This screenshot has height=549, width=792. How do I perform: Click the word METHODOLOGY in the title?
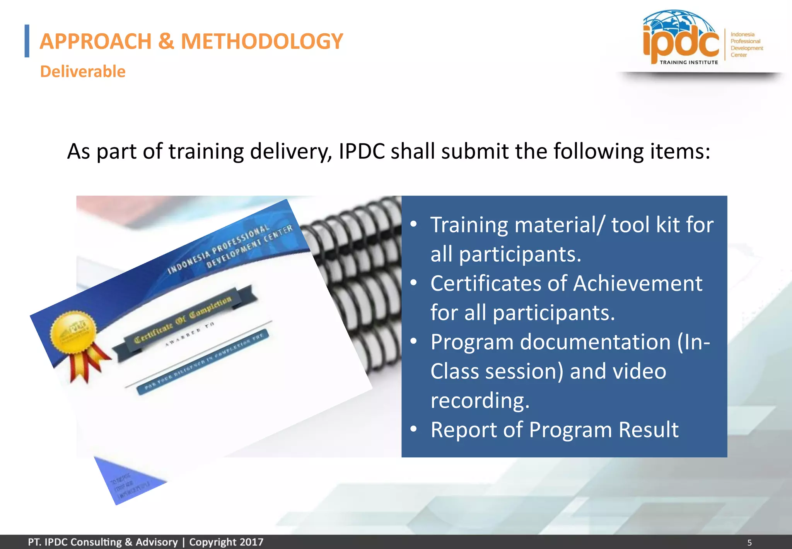click(262, 41)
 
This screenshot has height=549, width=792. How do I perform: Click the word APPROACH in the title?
click(96, 41)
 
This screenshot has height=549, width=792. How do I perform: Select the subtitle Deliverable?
click(83, 72)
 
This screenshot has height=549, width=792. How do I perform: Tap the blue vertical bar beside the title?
click(27, 41)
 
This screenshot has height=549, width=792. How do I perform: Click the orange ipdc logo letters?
click(681, 43)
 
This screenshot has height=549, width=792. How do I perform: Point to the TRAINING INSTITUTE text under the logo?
click(689, 62)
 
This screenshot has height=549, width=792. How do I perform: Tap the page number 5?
click(749, 542)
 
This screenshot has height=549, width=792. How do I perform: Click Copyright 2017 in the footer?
click(226, 542)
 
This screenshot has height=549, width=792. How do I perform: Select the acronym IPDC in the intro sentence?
click(362, 151)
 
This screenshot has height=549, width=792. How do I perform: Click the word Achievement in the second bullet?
click(637, 283)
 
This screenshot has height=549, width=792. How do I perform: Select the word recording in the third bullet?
click(480, 400)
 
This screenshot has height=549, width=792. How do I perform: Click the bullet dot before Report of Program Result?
click(414, 429)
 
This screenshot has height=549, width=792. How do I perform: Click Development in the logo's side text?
click(746, 48)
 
